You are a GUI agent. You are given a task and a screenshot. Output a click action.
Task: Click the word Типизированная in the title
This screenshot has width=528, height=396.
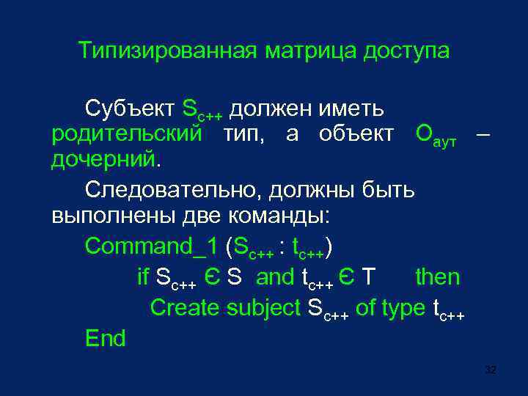click(x=168, y=51)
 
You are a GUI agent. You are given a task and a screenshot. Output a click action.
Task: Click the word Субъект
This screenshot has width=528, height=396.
click(x=129, y=109)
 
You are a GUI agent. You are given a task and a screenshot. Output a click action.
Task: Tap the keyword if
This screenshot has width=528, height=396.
click(x=143, y=277)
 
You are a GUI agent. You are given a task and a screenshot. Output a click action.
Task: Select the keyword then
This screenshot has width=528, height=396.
click(x=437, y=277)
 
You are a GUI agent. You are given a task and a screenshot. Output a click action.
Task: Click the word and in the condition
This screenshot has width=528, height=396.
click(x=275, y=277)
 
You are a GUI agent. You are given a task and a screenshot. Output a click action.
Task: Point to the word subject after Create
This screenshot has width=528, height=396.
click(x=264, y=308)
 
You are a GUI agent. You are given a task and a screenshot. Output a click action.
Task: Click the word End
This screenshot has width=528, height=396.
click(x=105, y=338)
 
